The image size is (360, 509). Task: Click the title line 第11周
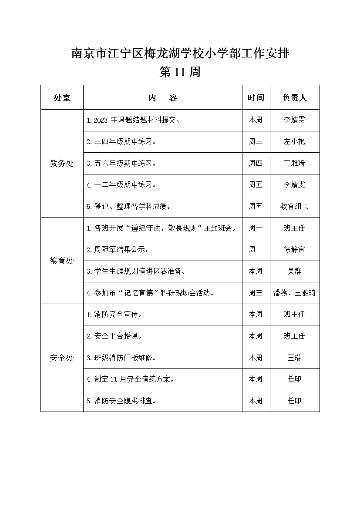pos(180,72)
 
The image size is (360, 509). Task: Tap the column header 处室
pos(62,97)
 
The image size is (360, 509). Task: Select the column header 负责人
pos(295,97)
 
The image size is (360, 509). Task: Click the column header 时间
pos(256,97)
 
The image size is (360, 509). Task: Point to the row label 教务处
pos(62,164)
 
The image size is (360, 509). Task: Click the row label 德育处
pos(62,261)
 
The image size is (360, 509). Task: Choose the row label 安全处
pos(62,358)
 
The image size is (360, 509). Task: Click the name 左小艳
pos(295,142)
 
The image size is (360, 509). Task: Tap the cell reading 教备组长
pos(295,207)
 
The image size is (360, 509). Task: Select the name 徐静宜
pos(295,250)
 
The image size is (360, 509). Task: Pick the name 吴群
pos(295,271)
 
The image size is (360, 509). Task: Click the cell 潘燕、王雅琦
pos(295,293)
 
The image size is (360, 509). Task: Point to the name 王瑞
pos(295,358)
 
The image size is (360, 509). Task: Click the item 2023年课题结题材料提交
pos(133,120)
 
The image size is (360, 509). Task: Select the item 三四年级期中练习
pos(121,142)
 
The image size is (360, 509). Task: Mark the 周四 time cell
pos(256,164)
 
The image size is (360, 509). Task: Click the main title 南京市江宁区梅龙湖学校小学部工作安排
pos(180,54)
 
